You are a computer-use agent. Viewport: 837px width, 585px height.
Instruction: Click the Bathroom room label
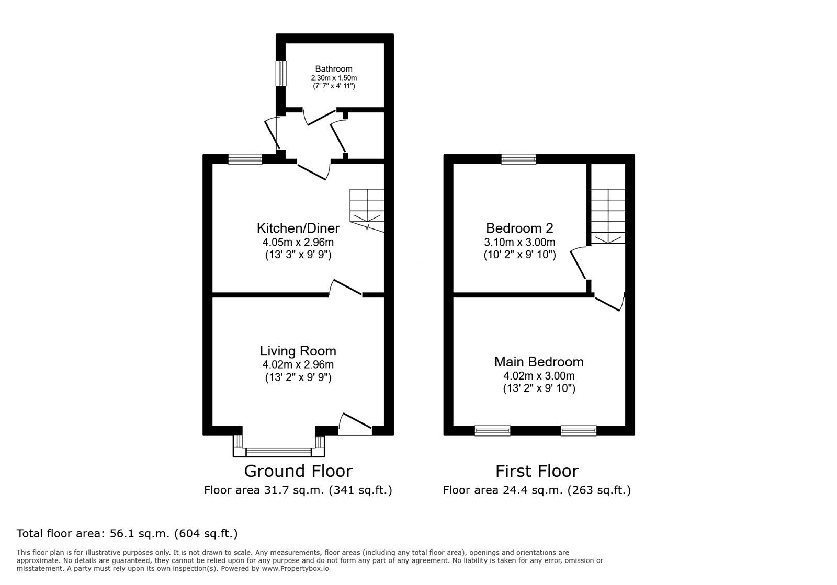point(333,68)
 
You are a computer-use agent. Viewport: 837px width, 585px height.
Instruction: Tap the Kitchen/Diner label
point(298,228)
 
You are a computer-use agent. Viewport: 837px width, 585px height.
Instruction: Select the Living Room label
point(298,351)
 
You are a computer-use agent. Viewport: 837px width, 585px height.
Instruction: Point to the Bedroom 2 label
point(519,228)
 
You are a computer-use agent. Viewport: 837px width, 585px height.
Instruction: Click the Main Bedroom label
point(538,362)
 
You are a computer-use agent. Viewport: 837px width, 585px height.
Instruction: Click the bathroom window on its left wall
point(281,73)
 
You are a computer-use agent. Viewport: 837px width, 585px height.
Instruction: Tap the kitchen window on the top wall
point(245,159)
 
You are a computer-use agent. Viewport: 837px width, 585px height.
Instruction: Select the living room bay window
point(279,451)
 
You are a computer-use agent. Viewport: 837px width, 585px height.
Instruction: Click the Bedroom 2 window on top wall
point(518,159)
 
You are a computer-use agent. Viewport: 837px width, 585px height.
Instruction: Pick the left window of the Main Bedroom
point(492,431)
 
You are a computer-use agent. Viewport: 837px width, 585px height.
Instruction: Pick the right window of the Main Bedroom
point(578,431)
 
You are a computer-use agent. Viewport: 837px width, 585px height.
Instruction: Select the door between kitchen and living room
point(346,288)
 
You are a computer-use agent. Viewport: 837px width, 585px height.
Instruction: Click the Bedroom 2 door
point(579,264)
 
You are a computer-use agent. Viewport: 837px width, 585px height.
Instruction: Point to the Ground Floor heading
point(298,471)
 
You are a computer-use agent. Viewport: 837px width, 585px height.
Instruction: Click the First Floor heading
point(537,471)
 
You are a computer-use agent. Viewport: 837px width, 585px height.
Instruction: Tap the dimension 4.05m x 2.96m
point(298,242)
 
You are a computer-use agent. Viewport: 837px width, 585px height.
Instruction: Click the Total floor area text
point(127,534)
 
